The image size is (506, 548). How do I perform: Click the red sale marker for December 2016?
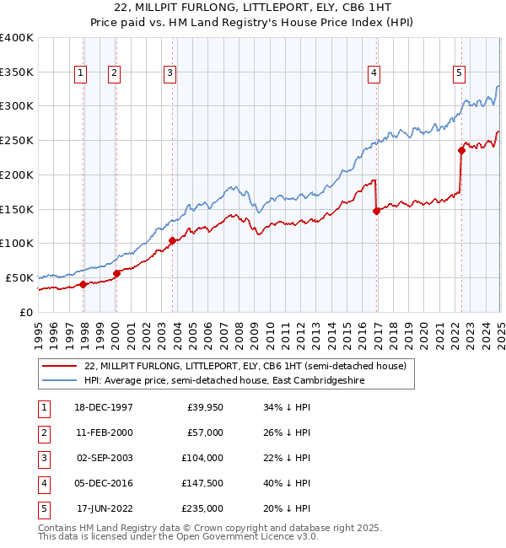[x=376, y=212]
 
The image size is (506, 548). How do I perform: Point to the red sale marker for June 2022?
[x=461, y=151]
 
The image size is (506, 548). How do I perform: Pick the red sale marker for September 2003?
[x=172, y=240]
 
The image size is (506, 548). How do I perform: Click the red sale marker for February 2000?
[x=116, y=272]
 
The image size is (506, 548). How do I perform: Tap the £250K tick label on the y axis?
[x=16, y=141]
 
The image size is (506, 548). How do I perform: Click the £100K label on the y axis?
[x=16, y=244]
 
